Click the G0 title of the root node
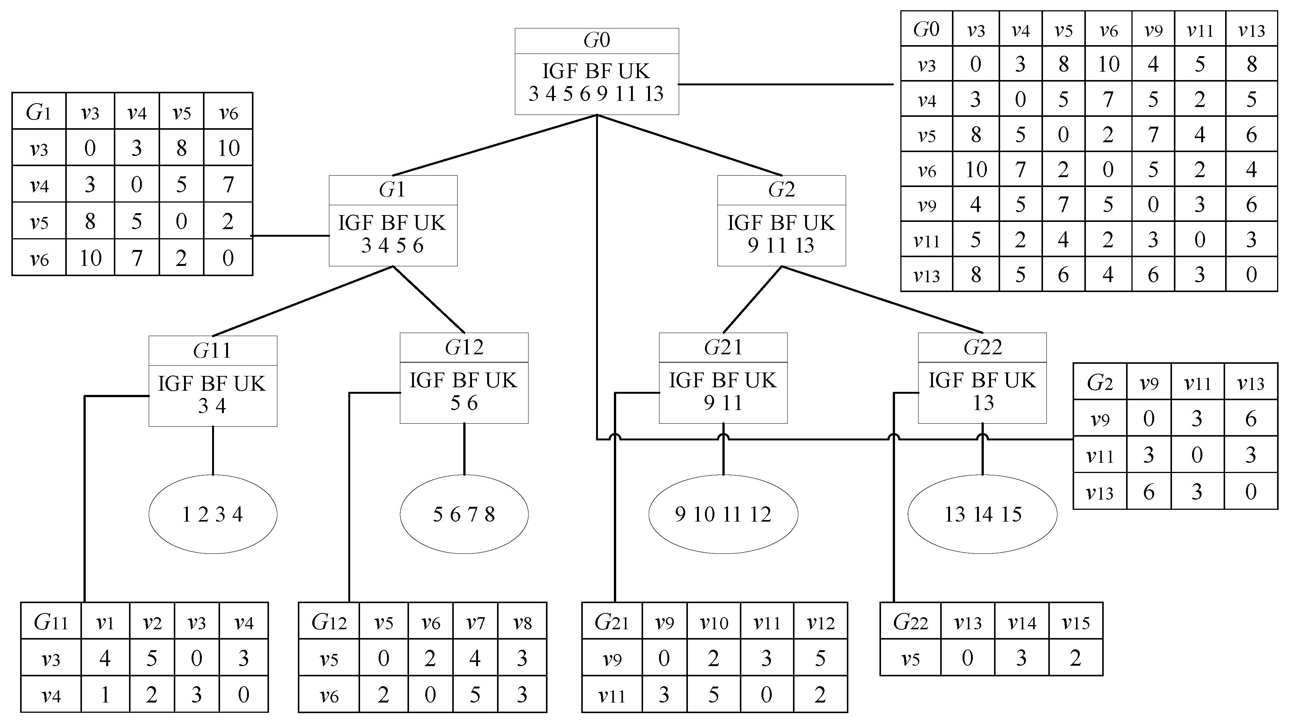[596, 41]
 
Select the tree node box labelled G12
[464, 378]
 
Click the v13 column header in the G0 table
[1251, 30]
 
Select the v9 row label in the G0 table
[927, 205]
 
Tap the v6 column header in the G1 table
[228, 112]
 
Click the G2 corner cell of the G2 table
[1100, 382]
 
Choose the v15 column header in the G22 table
[1076, 622]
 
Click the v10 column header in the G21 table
[714, 622]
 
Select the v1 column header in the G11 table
[105, 622]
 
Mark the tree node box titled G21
[723, 378]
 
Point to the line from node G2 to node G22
[881, 299]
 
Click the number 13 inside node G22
[983, 402]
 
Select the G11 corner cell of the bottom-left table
[50, 622]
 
